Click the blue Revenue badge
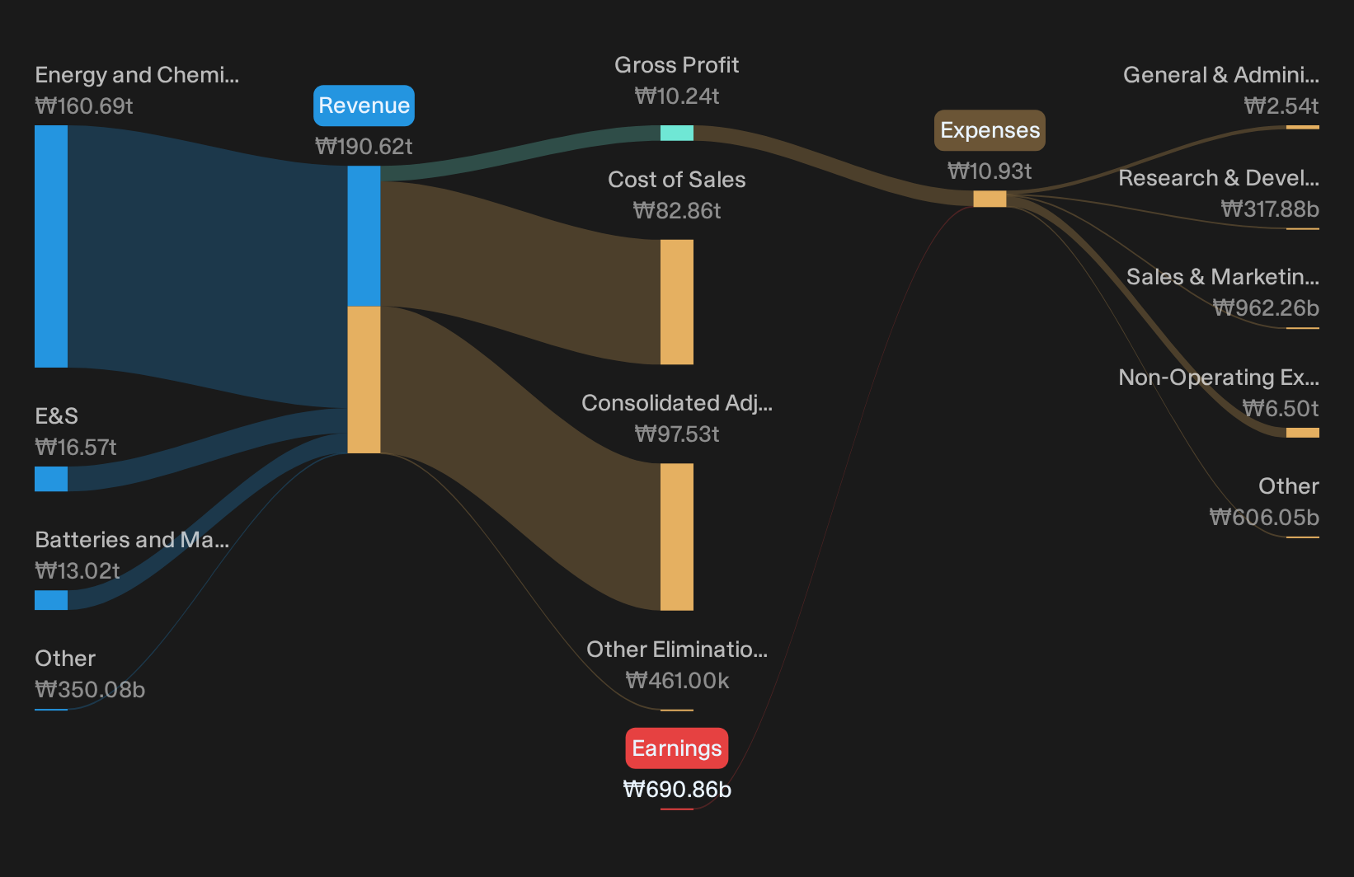point(364,106)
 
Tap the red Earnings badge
point(677,748)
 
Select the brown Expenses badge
point(990,130)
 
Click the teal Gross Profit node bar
point(677,133)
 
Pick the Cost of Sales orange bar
point(677,302)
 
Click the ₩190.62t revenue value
point(364,146)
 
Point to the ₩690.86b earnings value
point(677,790)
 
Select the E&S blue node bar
point(51,479)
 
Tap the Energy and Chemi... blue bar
point(51,246)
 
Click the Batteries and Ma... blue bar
point(51,600)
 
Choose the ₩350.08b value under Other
point(90,690)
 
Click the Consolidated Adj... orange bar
point(677,537)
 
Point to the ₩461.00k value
point(677,681)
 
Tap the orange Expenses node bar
point(990,199)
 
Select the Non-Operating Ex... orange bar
point(1303,433)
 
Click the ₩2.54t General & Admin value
point(1281,106)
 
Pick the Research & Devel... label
point(1219,178)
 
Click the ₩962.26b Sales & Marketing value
point(1266,308)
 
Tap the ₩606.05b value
point(1264,518)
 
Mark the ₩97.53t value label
point(677,434)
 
